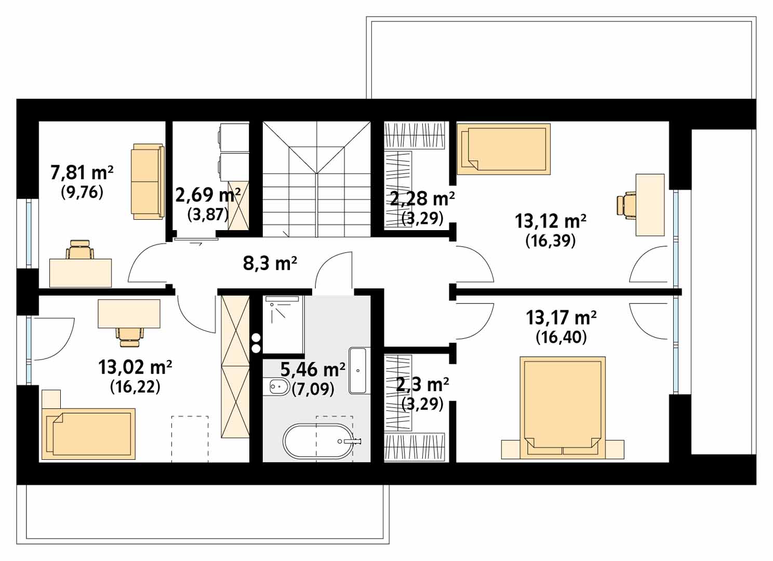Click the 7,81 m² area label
pos(82,173)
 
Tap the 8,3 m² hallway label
pos(270,263)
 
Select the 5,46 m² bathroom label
pos(313,370)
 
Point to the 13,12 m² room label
pos(551,221)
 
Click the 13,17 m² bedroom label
pos(561,318)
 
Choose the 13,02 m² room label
pos(135,367)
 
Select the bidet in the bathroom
pos(278,387)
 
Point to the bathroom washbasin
pos(357,371)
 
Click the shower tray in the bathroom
pos(283,325)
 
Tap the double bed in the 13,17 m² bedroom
pos(563,408)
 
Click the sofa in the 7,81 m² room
pos(148,181)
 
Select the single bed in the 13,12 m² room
pos(503,149)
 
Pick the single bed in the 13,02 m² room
pos(88,434)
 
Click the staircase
pos(316,179)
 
